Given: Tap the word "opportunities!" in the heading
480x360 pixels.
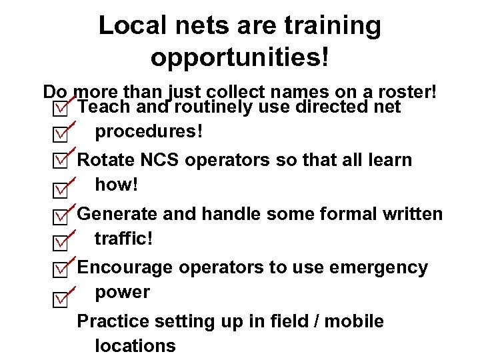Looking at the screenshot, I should tap(240, 57).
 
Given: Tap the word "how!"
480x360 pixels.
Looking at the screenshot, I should tap(117, 185).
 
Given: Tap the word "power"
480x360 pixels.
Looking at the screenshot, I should tap(123, 293).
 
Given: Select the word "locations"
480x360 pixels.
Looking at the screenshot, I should tap(135, 346).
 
